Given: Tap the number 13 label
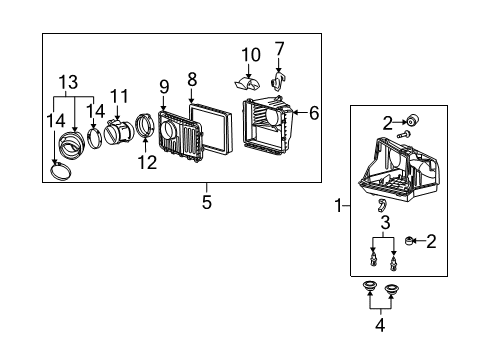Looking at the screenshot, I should [x=66, y=81].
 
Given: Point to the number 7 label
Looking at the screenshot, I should [x=279, y=48].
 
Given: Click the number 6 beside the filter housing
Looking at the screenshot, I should [x=313, y=113].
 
